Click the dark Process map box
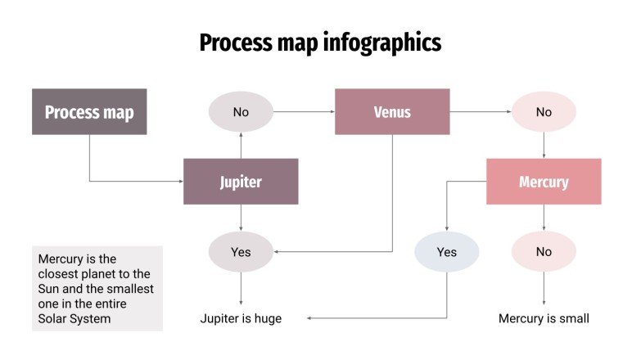pos(89,111)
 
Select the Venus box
pos(392,111)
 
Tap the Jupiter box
pos(241,182)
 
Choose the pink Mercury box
pos(544,182)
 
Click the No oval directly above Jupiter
pos(241,112)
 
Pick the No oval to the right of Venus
pos(544,112)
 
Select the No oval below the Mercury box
pos(544,252)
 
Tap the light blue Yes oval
pos(446,252)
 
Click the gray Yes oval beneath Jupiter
pos(241,252)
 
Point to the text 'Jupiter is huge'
pos(241,318)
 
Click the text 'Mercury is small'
pos(544,318)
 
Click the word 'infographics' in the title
pos(377,43)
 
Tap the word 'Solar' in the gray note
pos(54,318)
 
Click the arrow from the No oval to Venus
pos(303,111)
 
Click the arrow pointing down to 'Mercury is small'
pos(544,290)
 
